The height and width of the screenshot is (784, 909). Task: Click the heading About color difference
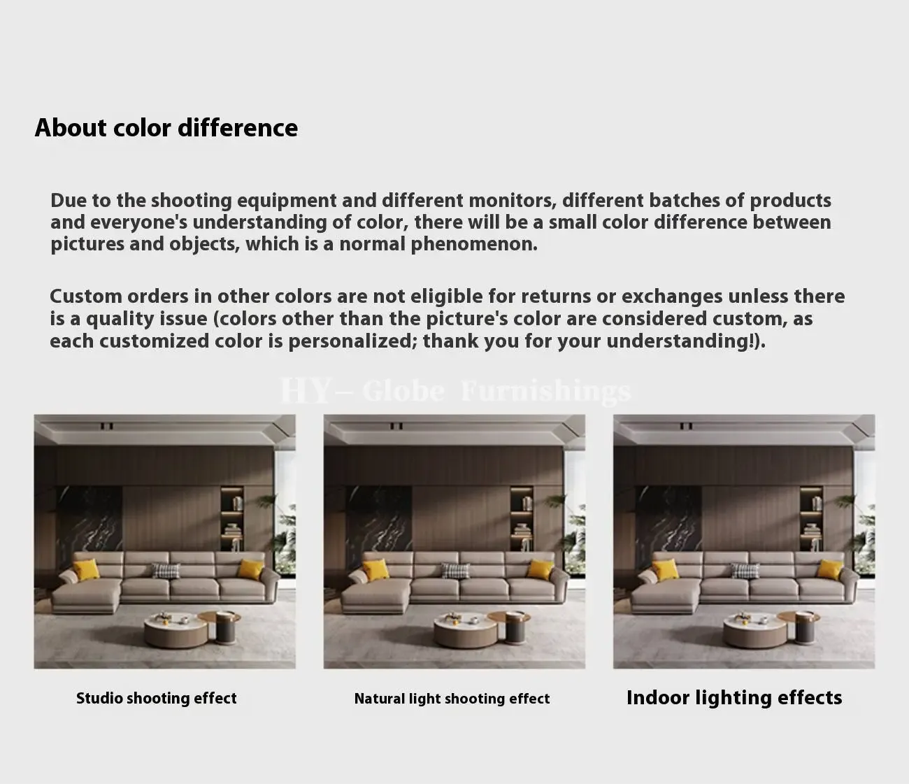point(166,129)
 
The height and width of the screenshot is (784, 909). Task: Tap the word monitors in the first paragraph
point(513,201)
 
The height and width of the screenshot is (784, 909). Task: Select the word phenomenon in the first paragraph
point(474,245)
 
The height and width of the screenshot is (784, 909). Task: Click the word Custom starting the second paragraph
point(86,297)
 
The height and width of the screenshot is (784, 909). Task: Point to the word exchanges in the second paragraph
point(671,297)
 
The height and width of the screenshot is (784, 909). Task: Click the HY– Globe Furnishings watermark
point(456,391)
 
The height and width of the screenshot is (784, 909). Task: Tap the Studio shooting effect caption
point(157,699)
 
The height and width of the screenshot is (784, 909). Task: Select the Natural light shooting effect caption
point(452,699)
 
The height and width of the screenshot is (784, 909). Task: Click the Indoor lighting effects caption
point(734,698)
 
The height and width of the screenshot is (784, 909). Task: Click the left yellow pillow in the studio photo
point(86,569)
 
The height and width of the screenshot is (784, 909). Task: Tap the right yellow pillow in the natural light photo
point(541,569)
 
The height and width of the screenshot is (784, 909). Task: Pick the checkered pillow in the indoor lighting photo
point(745,571)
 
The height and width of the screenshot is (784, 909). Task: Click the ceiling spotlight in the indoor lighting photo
point(686,426)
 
